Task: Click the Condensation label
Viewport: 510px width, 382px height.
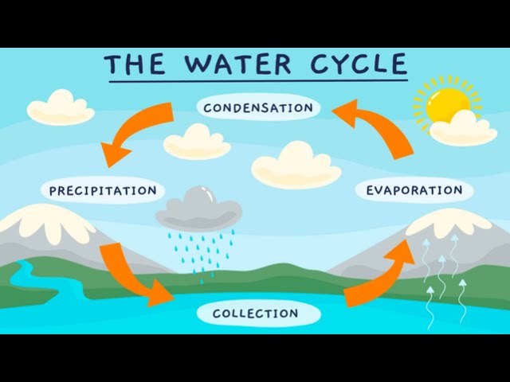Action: tap(257, 107)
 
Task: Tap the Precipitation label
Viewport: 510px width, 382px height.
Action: tap(103, 191)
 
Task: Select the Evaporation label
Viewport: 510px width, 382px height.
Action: tap(414, 190)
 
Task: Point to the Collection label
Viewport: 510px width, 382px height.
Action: tap(256, 314)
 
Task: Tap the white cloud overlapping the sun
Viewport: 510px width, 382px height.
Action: tap(464, 130)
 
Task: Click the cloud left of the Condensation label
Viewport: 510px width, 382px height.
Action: tap(61, 107)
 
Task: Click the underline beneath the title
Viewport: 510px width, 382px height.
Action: tap(255, 80)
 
